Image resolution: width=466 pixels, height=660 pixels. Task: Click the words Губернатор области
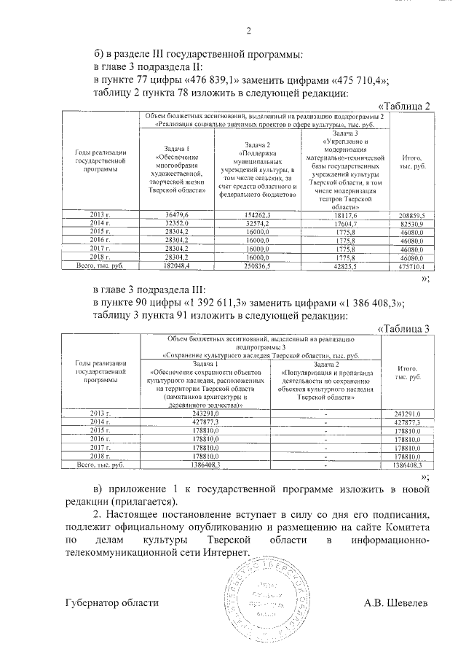click(x=111, y=604)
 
